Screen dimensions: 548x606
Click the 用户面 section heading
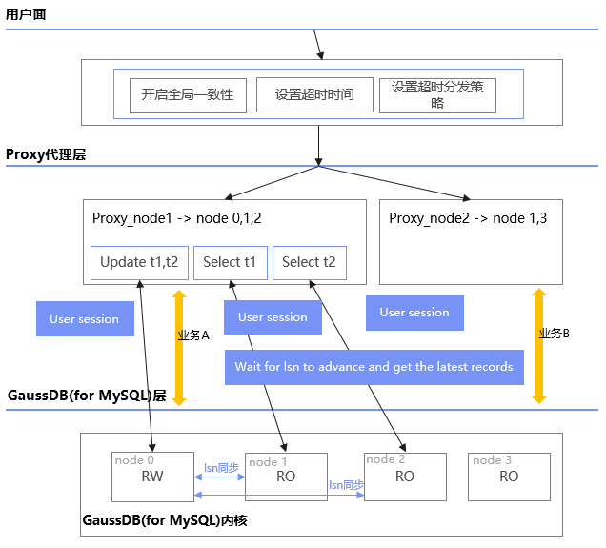(26, 15)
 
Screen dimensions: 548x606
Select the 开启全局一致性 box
(188, 95)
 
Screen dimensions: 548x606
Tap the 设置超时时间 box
(313, 95)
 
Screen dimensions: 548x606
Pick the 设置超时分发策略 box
(437, 95)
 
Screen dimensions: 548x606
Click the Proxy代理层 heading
(46, 154)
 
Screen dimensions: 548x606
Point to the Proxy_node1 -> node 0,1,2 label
(176, 218)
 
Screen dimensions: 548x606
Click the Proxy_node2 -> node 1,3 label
(459, 218)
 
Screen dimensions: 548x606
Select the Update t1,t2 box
(139, 262)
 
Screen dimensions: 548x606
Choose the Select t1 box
(230, 262)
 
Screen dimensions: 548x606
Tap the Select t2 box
(310, 262)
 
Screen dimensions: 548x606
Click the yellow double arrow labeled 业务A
(178, 347)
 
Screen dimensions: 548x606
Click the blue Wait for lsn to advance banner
(374, 367)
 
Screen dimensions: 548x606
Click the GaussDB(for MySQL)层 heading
(87, 396)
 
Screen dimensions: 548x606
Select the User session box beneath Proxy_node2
(414, 313)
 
